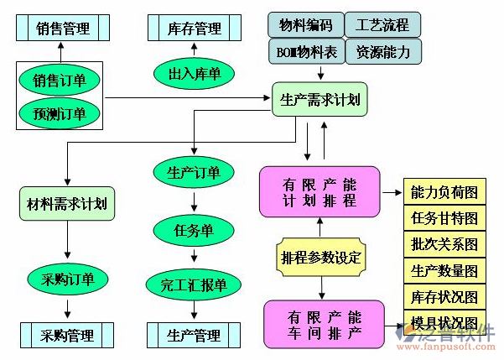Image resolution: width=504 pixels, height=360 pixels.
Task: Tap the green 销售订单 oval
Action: tap(59, 81)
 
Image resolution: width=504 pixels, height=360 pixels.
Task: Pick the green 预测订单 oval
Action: tap(59, 112)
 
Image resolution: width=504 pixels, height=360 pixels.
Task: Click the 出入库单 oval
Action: tap(194, 75)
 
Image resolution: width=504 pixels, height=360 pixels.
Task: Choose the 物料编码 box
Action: tap(305, 25)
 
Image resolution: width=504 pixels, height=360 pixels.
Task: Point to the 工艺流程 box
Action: tap(382, 25)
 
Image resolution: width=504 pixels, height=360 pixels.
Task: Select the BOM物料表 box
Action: tap(305, 52)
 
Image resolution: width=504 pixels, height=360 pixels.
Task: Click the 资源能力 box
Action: tap(382, 52)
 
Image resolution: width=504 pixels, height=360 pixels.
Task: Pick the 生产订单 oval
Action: tap(194, 173)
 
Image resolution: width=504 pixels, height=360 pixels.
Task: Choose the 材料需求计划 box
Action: tap(67, 203)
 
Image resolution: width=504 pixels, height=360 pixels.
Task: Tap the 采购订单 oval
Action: tap(67, 279)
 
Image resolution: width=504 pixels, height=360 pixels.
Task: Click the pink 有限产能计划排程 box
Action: tap(320, 192)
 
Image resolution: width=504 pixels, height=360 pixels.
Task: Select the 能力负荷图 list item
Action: tap(444, 192)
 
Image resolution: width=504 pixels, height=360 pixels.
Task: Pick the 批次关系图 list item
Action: tap(444, 245)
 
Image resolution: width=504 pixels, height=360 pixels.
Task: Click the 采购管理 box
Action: tap(67, 336)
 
